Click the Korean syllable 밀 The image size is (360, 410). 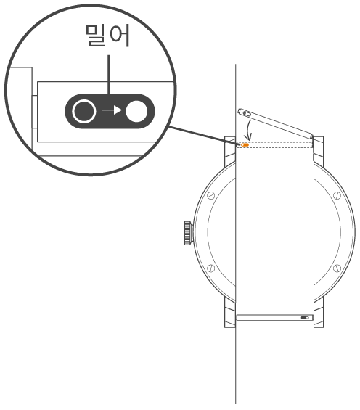pos(96,36)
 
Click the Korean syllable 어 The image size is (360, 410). pos(120,36)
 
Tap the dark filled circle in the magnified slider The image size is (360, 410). pos(83,111)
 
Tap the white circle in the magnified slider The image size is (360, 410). pos(136,111)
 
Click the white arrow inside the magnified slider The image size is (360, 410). pos(112,110)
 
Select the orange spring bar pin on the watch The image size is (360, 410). pos(245,144)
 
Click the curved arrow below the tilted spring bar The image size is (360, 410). pos(248,130)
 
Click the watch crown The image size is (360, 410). pos(188,233)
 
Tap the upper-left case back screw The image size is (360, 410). pos(210,195)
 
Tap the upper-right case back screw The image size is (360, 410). pos(337,195)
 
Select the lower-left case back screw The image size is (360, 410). pos(210,268)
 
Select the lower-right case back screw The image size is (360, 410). pos(337,268)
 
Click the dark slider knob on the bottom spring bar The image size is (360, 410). pos(305,318)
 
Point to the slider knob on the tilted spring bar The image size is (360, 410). pos(247,113)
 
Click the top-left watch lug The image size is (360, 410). pos(230,151)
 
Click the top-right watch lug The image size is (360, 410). pos(319,151)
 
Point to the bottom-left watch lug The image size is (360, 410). pos(230,313)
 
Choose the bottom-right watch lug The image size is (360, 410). pos(319,313)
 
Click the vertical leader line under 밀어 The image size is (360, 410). pos(108,75)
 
